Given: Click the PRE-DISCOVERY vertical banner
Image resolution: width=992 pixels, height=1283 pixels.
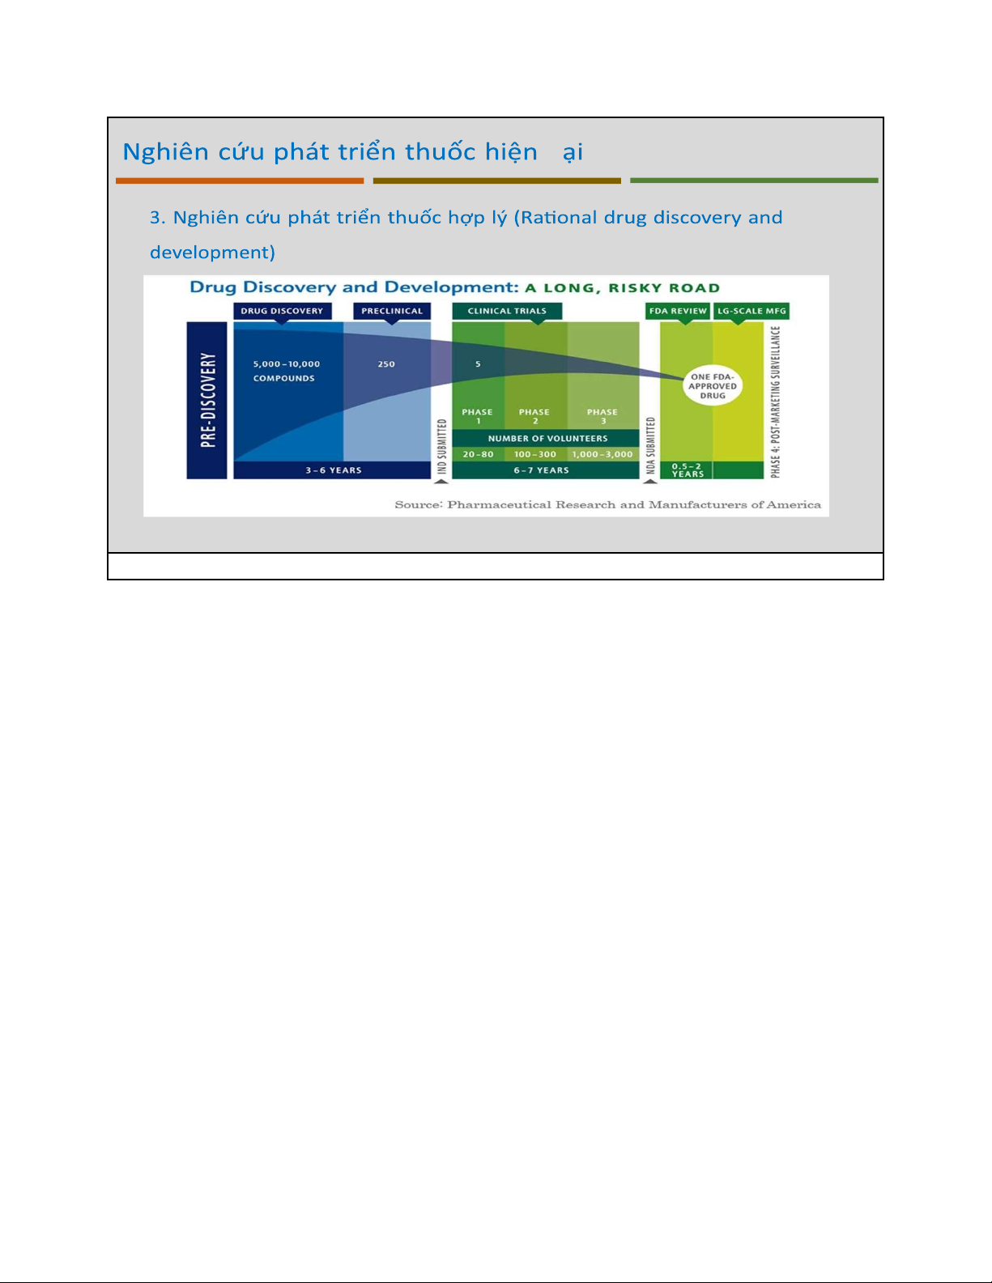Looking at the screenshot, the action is click(x=206, y=400).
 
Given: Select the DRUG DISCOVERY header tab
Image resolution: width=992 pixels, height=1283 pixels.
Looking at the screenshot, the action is click(x=283, y=311).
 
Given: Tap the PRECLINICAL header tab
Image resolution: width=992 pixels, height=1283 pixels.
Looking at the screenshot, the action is click(x=392, y=311).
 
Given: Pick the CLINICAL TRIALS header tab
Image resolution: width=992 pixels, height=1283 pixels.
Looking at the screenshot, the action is click(x=507, y=311).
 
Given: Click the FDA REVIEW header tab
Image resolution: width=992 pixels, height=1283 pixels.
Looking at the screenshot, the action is click(x=678, y=311).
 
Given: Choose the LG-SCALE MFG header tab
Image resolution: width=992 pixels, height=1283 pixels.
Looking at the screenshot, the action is click(x=751, y=311).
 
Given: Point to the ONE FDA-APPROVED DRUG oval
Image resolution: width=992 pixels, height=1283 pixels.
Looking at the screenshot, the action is click(x=713, y=386).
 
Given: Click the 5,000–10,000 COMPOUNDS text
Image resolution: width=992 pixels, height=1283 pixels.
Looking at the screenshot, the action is click(x=287, y=371).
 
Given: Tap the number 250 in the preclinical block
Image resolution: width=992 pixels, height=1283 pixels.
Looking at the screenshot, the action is click(x=386, y=364).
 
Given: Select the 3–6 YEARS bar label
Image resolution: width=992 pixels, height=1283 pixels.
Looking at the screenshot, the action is click(x=334, y=470).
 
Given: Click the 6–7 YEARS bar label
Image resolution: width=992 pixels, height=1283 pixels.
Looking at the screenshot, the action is click(x=542, y=470).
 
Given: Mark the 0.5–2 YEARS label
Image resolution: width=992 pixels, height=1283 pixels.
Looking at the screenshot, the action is click(x=688, y=470).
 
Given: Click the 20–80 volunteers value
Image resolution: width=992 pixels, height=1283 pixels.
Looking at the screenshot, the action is click(x=479, y=454).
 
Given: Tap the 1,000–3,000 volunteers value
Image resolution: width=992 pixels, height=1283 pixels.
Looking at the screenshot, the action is click(x=602, y=454).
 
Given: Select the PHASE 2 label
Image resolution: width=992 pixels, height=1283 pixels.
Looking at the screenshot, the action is click(x=534, y=416).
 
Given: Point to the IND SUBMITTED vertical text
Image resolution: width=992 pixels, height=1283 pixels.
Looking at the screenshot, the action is click(x=441, y=447).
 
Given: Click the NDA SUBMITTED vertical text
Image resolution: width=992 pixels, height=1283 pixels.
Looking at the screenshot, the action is click(x=651, y=446).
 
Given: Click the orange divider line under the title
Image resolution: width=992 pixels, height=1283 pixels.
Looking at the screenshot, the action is click(x=240, y=181).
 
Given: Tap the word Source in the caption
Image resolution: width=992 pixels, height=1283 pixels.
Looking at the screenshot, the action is click(x=418, y=504).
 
